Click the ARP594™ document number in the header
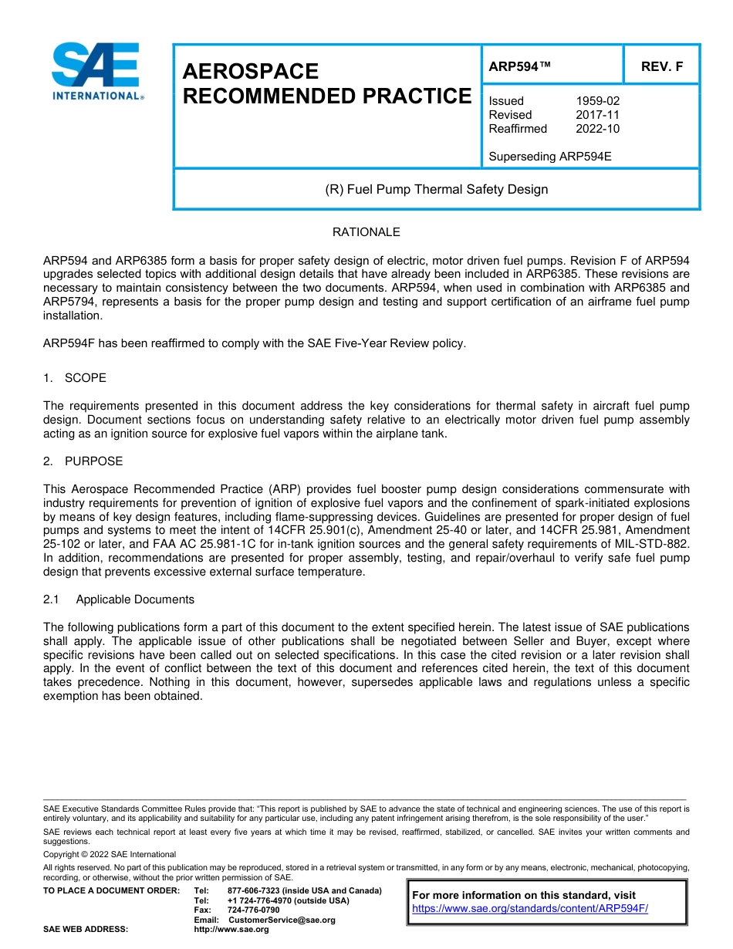click(519, 66)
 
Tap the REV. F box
click(661, 66)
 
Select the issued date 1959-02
click(597, 101)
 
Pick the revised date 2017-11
click(597, 115)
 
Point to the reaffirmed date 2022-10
click(597, 129)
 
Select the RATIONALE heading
click(366, 232)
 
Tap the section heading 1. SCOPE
click(75, 378)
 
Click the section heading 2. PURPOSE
click(83, 461)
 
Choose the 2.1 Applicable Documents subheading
click(119, 599)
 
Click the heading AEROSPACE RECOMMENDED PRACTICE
click(326, 84)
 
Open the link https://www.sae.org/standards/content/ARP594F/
click(530, 909)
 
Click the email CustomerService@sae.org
click(282, 920)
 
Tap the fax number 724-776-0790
click(253, 910)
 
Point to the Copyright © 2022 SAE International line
click(110, 855)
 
